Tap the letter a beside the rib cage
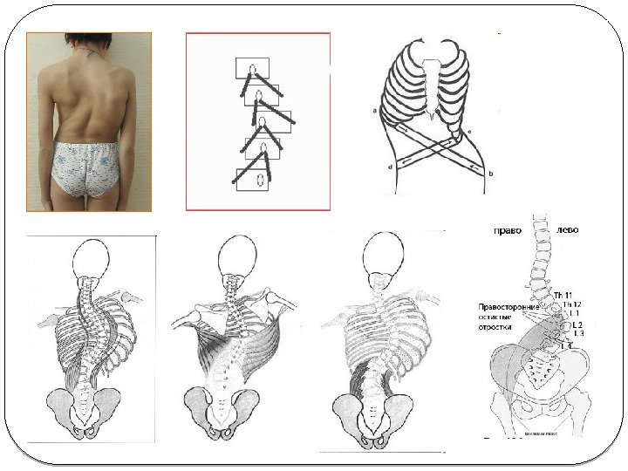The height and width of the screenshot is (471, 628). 374,111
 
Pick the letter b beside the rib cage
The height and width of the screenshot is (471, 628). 491,174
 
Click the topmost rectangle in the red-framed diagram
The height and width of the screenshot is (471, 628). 253,68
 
